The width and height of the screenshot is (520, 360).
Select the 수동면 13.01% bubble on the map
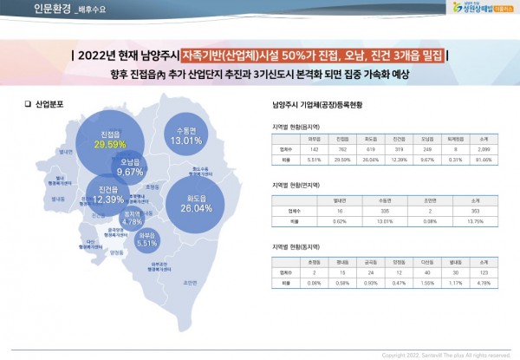pyautogui.click(x=186, y=135)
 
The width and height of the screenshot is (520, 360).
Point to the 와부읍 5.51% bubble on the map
pyautogui.click(x=146, y=240)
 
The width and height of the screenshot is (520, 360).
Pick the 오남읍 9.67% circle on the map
pyautogui.click(x=130, y=167)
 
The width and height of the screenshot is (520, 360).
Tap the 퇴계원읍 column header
pyautogui.click(x=455, y=138)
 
